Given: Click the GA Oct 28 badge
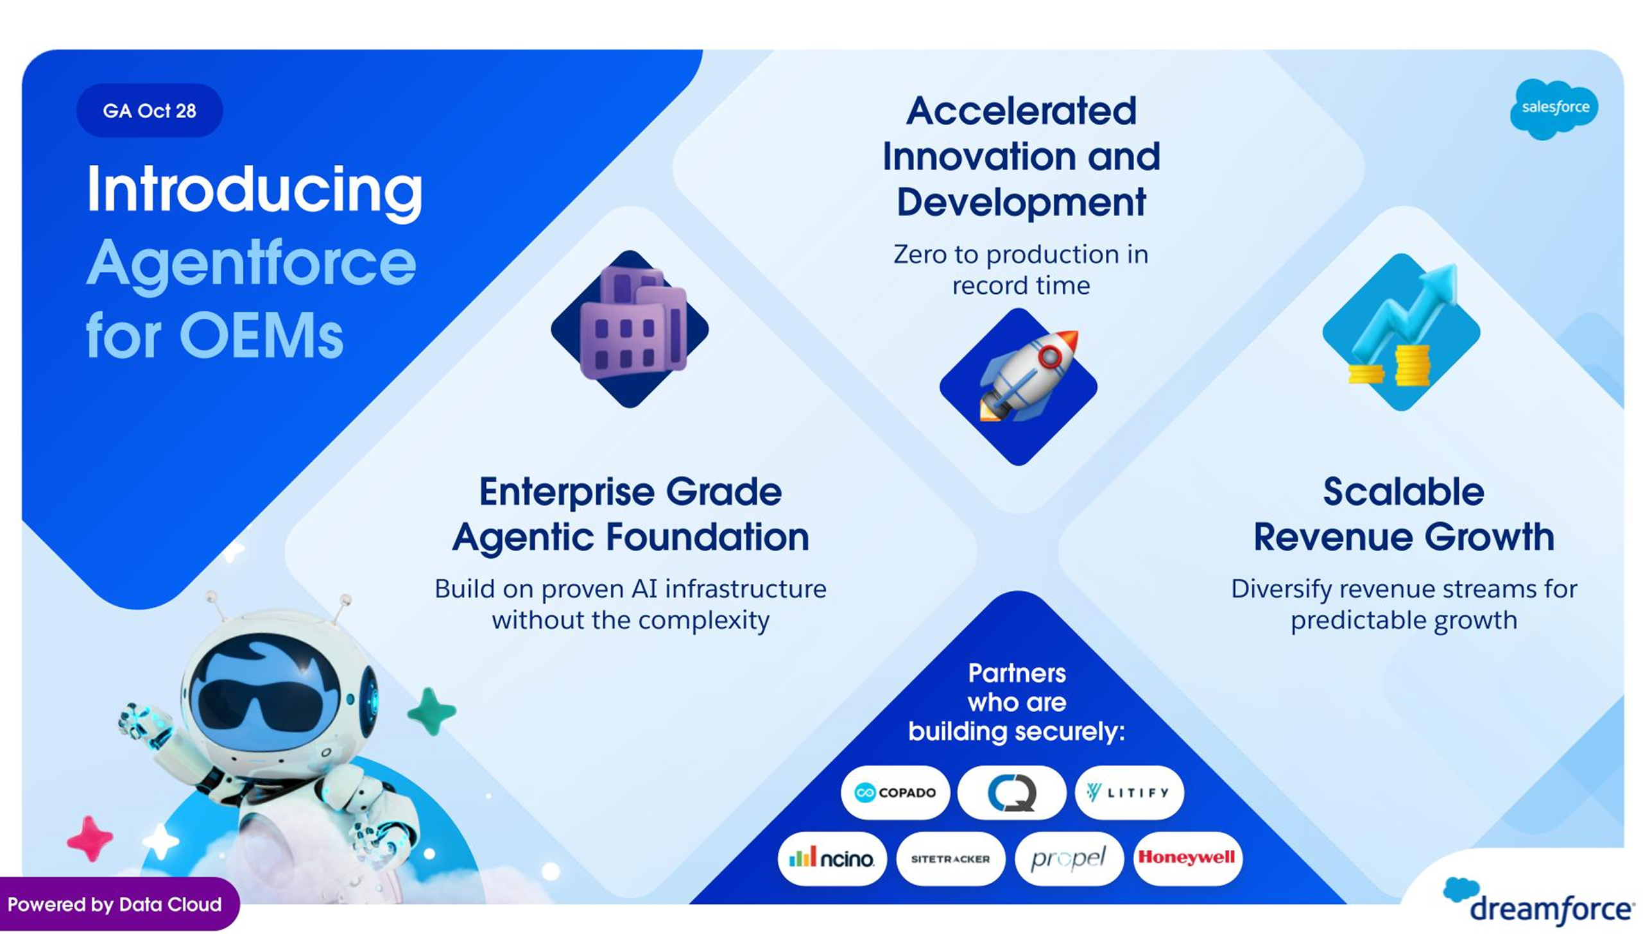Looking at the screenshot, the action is (x=150, y=110).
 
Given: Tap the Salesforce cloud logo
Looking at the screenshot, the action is (x=1554, y=108).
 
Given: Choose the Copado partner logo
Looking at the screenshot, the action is (x=895, y=792).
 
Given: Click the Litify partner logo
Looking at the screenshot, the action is (x=1129, y=792).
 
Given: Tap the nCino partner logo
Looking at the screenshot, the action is (x=832, y=858).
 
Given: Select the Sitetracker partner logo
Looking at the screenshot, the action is (x=951, y=858).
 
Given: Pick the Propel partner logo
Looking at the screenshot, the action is (x=1069, y=858).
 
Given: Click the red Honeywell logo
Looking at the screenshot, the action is (x=1187, y=858).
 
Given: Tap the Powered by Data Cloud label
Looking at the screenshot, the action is (x=116, y=904).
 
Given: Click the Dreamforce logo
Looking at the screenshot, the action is (x=1538, y=902).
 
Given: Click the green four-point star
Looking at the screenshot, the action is (x=432, y=711).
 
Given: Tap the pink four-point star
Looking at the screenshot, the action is (x=90, y=839).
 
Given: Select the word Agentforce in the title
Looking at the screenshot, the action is (x=251, y=264).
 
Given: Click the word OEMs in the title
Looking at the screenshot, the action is (x=261, y=336).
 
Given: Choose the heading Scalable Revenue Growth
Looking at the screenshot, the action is (x=1404, y=514).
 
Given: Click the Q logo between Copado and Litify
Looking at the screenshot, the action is (x=1012, y=792).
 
